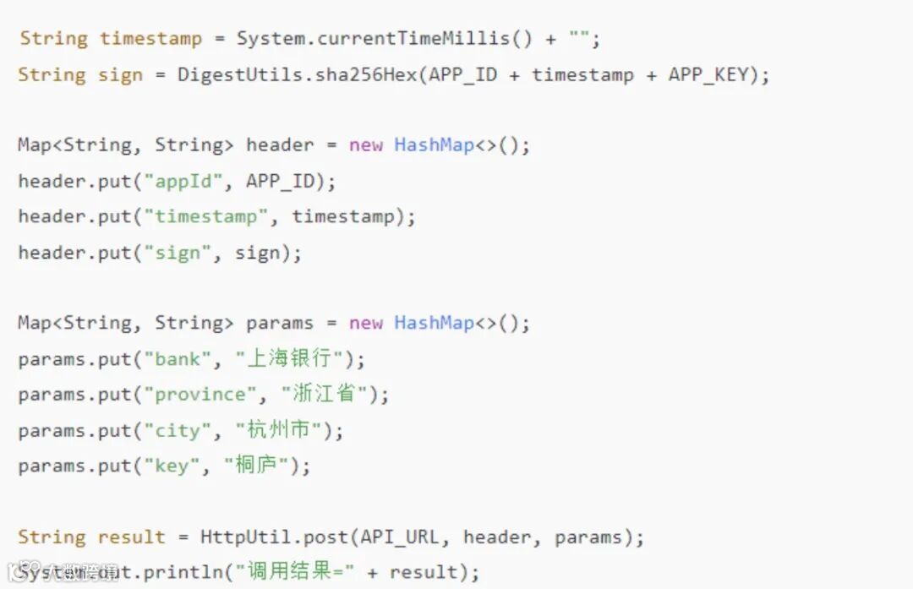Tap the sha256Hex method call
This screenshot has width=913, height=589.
pyautogui.click(x=366, y=74)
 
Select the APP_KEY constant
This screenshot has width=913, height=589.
pyautogui.click(x=708, y=74)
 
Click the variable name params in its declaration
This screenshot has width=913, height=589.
pyautogui.click(x=279, y=323)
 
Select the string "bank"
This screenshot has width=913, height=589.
pyautogui.click(x=177, y=359)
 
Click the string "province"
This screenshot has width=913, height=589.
pyautogui.click(x=200, y=395)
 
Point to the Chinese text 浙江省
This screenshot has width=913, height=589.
pyautogui.click(x=324, y=394)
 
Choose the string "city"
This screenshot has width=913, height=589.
pyautogui.click(x=177, y=431)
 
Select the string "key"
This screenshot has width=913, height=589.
pyautogui.click(x=171, y=466)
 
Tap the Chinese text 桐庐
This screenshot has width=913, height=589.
pyautogui.click(x=255, y=466)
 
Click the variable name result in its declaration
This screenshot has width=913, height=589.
pyautogui.click(x=131, y=537)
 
